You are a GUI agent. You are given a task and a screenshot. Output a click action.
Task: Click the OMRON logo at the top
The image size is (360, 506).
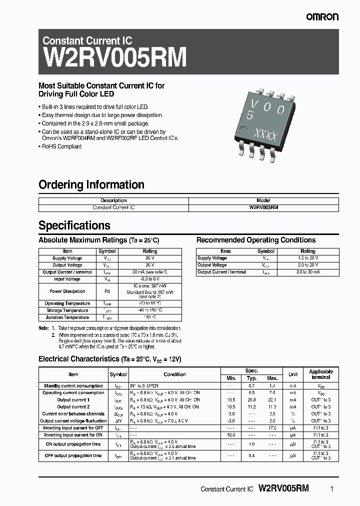[322, 17]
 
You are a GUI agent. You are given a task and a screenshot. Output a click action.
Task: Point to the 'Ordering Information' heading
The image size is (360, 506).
[91, 184]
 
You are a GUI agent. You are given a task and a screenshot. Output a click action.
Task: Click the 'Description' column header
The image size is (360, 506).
[113, 200]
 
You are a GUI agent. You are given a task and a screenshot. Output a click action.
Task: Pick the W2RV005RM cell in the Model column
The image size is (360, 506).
[263, 207]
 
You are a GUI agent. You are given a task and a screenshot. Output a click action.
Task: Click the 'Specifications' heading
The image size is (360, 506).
[74, 225]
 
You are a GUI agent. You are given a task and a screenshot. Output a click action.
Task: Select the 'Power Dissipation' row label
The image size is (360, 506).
[67, 291]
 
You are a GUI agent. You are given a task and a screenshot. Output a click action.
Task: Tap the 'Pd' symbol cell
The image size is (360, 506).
[107, 291]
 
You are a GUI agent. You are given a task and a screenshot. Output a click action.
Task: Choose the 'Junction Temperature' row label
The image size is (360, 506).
[67, 317]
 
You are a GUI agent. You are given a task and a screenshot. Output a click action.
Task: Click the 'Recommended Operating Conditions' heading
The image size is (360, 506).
[256, 240]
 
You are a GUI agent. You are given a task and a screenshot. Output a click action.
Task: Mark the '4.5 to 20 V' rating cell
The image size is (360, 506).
[307, 258]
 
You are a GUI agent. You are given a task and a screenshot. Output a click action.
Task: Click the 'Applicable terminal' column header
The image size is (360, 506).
[320, 374]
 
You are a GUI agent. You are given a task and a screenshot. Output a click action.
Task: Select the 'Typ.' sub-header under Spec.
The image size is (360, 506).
[251, 378]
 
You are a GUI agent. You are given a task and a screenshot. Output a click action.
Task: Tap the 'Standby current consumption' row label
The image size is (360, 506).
[73, 386]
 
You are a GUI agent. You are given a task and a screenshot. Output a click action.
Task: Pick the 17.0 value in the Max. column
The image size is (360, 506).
[272, 428]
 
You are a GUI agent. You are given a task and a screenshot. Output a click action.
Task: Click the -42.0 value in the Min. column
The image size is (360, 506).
[230, 435]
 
